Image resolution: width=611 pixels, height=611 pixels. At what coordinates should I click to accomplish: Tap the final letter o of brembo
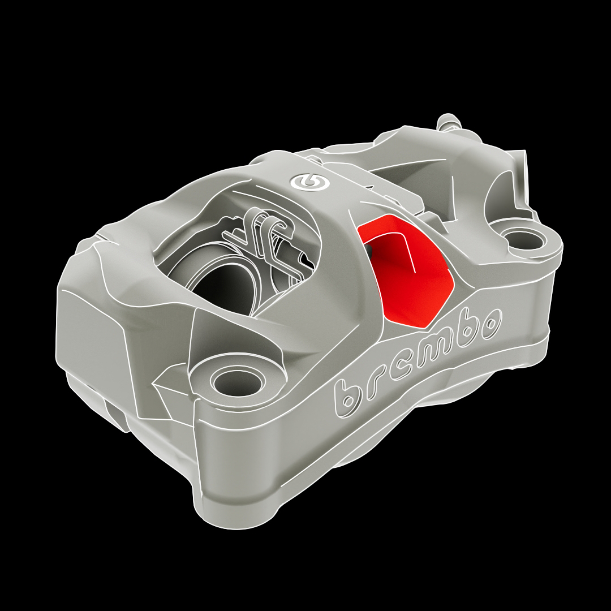point(490,321)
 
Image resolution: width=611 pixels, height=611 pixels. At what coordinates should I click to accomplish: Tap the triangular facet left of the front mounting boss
point(170,396)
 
